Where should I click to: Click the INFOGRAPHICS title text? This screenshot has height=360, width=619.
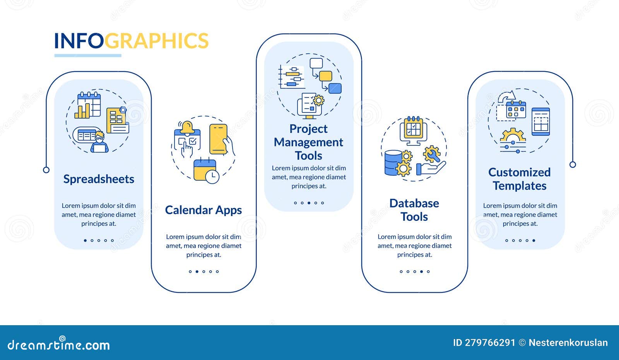[131, 41]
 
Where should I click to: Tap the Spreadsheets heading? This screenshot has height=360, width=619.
[99, 179]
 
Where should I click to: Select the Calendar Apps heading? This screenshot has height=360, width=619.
[203, 210]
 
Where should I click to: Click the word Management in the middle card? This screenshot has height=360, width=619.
[308, 142]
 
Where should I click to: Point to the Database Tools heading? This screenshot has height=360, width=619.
[414, 210]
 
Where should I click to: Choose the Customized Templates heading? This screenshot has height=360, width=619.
[520, 179]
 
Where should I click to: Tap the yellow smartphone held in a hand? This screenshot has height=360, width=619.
[218, 139]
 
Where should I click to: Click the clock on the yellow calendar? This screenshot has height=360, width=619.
[212, 176]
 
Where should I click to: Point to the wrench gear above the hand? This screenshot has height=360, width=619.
[432, 154]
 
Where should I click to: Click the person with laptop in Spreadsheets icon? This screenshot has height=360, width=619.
[99, 142]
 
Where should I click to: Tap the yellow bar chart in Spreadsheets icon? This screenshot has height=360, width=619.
[82, 111]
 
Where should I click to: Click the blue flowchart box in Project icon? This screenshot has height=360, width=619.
[335, 89]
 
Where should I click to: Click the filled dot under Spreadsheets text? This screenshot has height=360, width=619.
[85, 241]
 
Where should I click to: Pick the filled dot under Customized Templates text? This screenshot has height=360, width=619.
[534, 241]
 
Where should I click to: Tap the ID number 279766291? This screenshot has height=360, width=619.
[490, 343]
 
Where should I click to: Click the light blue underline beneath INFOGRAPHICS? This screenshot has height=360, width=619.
[88, 56]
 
